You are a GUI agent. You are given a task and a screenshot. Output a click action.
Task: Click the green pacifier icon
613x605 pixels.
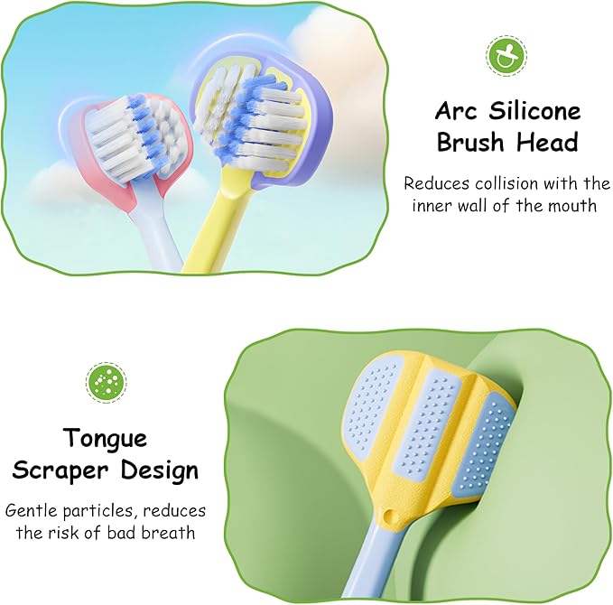(x=506, y=56)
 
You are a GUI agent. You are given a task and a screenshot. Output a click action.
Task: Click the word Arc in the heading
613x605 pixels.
(x=459, y=112)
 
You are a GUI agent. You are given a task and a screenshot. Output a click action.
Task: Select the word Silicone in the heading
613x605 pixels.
(x=537, y=112)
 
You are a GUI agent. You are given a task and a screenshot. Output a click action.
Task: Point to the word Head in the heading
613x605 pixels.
(x=547, y=142)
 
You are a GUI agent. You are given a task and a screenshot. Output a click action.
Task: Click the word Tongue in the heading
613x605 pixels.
(x=105, y=439)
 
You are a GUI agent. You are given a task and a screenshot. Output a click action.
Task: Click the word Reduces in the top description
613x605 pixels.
(x=434, y=183)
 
